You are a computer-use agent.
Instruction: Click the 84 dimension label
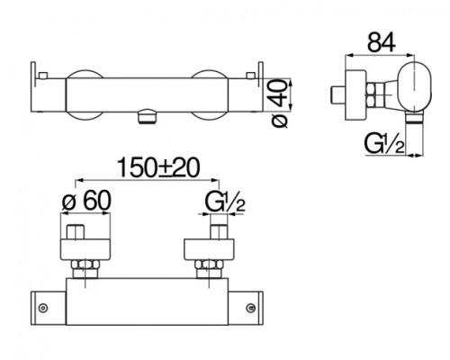coord(382,42)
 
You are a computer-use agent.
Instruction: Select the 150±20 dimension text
coord(157,167)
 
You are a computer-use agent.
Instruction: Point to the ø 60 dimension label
coord(86,201)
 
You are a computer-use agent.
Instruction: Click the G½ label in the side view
coord(384,144)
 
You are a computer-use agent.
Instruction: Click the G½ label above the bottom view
coord(225,202)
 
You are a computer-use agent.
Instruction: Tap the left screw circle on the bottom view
coord(43,308)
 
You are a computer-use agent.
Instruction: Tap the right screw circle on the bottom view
coord(250,308)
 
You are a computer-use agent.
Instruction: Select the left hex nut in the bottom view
coord(85,265)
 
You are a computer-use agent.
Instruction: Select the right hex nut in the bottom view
coord(209,265)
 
